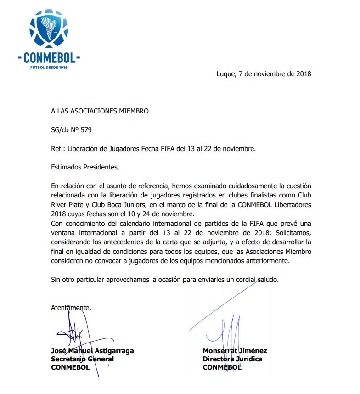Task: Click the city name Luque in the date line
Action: point(226,74)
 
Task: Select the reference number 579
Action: point(86,130)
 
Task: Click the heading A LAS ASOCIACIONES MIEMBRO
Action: point(100,111)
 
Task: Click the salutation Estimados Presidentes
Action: point(85,167)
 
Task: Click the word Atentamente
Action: point(71,308)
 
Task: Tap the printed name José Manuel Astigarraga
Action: point(92,351)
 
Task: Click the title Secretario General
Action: point(82,359)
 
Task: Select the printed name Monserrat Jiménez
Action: point(235,351)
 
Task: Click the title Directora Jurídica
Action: point(232,359)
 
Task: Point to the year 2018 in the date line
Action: point(303,74)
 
